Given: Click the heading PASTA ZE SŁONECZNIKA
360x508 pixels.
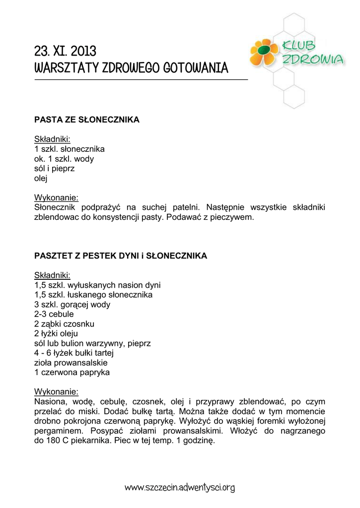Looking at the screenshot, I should (87, 120).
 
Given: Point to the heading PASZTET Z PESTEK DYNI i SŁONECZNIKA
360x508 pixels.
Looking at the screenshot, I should (121, 256).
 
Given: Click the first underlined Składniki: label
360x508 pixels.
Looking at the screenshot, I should (52, 139).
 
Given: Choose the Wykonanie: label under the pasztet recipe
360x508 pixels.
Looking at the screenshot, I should (56, 391).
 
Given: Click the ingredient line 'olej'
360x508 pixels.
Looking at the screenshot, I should (40, 178).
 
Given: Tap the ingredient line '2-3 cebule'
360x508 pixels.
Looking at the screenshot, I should (54, 314).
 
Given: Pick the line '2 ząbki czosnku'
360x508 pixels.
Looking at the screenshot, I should (64, 324).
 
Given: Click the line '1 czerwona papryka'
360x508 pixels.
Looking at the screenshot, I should (72, 372).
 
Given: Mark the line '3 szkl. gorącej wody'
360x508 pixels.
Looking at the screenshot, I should (72, 305).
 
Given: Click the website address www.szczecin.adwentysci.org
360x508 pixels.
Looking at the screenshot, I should (179, 488).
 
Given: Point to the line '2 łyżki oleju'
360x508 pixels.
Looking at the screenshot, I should (56, 333).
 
